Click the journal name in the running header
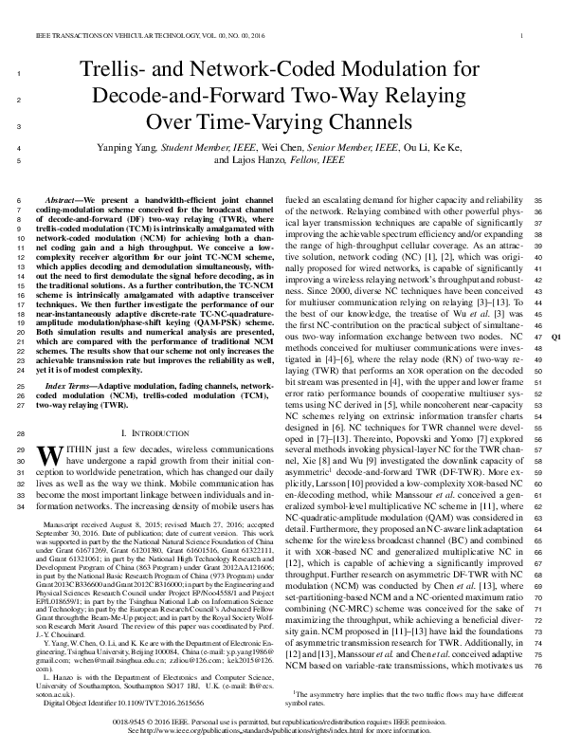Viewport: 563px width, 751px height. [134, 36]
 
